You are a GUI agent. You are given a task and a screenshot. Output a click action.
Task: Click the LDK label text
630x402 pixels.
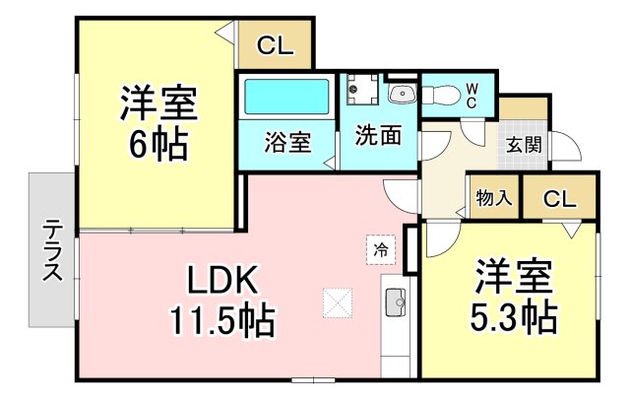pyautogui.click(x=222, y=281)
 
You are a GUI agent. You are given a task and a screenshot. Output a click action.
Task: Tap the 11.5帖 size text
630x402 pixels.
pyautogui.click(x=223, y=320)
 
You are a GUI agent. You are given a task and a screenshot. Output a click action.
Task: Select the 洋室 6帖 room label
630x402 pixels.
pyautogui.click(x=158, y=122)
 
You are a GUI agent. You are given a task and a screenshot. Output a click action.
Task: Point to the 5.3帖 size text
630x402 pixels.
pyautogui.click(x=514, y=316)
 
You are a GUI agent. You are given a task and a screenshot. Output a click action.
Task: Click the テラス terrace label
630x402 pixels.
pyautogui.click(x=52, y=250)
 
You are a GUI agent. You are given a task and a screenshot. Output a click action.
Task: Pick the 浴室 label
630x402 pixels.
pyautogui.click(x=287, y=143)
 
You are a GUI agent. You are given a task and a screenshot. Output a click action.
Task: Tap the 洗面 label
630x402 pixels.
pyautogui.click(x=378, y=135)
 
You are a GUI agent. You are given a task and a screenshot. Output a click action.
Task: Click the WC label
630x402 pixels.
pyautogui.click(x=472, y=96)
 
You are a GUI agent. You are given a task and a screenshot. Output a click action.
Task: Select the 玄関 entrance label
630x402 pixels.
pyautogui.click(x=524, y=145)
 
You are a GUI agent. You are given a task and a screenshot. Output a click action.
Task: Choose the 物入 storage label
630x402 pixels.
pyautogui.click(x=494, y=198)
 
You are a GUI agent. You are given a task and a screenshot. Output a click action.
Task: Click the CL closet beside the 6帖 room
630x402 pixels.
pyautogui.click(x=276, y=45)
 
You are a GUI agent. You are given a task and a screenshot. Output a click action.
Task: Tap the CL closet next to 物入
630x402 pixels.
pyautogui.click(x=560, y=198)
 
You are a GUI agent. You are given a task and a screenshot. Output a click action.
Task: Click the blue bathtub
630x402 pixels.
pyautogui.click(x=286, y=97)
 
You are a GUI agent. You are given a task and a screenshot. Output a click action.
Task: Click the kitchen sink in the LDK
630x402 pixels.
pyautogui.click(x=396, y=302)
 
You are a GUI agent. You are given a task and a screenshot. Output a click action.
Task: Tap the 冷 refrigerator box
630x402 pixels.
pyautogui.click(x=381, y=250)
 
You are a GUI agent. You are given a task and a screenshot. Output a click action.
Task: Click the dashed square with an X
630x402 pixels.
pyautogui.click(x=338, y=303)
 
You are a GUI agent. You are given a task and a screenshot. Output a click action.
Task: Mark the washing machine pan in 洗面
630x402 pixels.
pyautogui.click(x=363, y=90)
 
